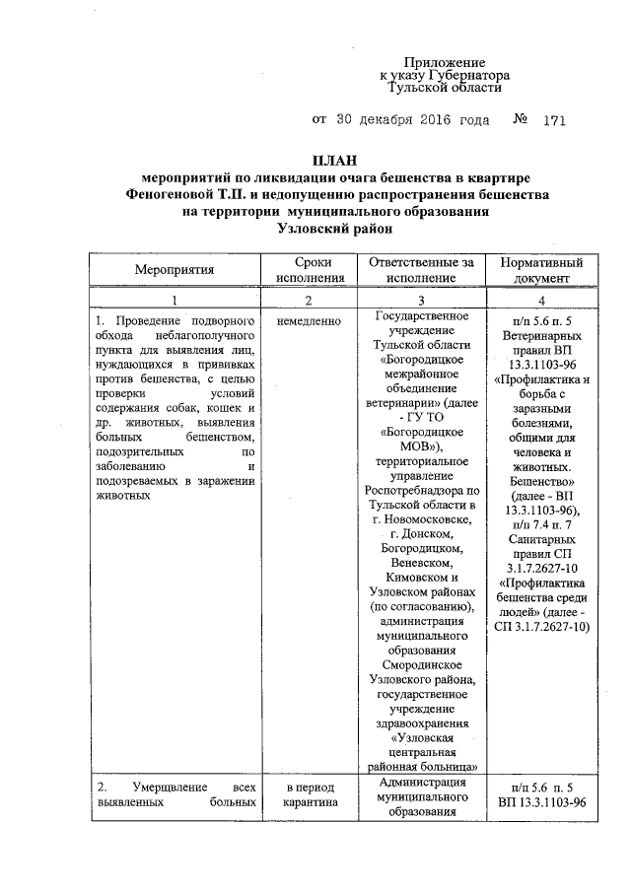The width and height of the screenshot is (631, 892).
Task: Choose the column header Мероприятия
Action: [175, 270]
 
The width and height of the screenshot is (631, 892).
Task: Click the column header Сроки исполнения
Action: [309, 270]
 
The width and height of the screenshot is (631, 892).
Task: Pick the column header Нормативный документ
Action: [541, 270]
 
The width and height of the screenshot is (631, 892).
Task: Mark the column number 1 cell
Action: [175, 300]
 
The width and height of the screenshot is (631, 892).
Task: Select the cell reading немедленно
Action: [309, 321]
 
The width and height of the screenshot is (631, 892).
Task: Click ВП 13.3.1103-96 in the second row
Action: [541, 803]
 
